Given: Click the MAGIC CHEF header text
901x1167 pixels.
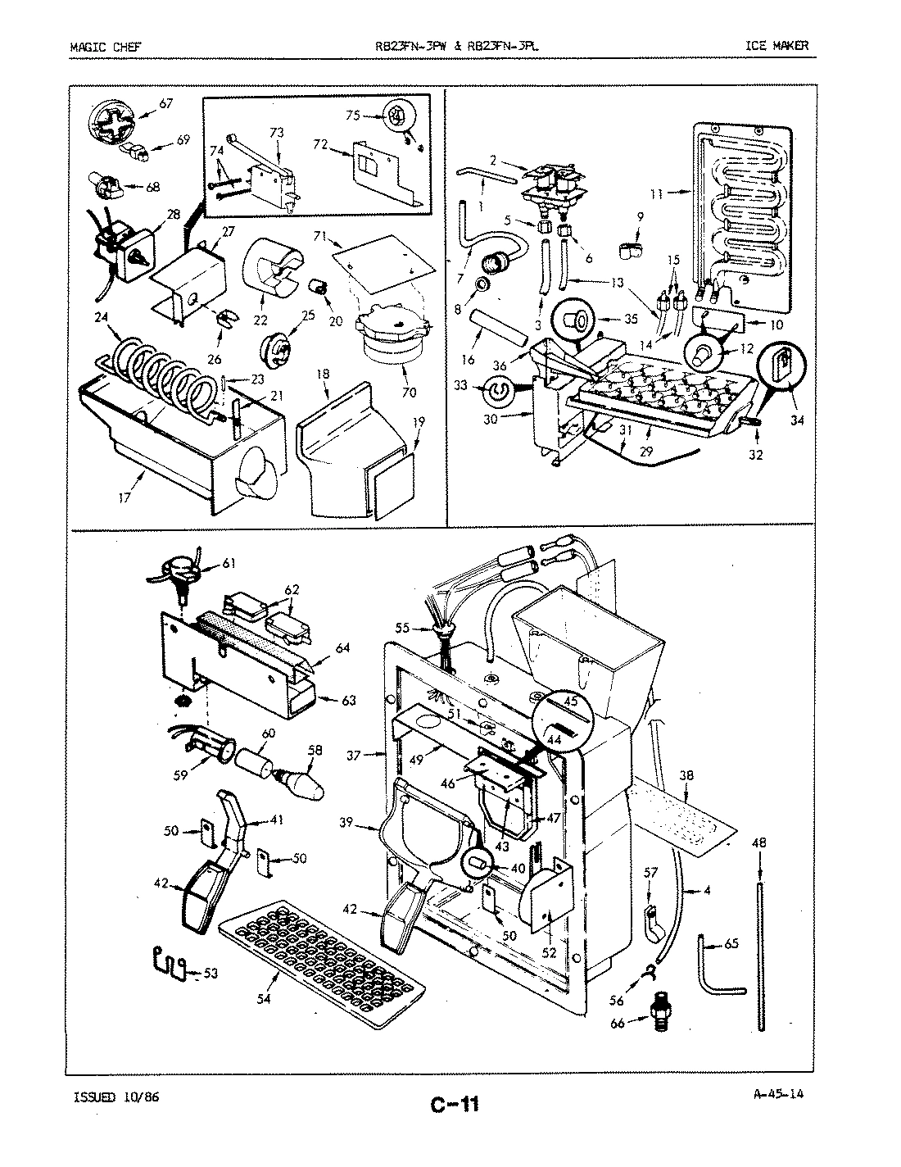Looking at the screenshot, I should click(x=105, y=46).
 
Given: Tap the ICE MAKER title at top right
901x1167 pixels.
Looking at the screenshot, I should click(x=776, y=45).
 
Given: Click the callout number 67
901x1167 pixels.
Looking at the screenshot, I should click(x=165, y=103).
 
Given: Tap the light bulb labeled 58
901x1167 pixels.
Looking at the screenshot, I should click(x=300, y=783).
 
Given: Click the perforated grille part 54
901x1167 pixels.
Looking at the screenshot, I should click(x=319, y=958).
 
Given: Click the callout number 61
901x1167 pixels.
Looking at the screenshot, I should click(x=229, y=562).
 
